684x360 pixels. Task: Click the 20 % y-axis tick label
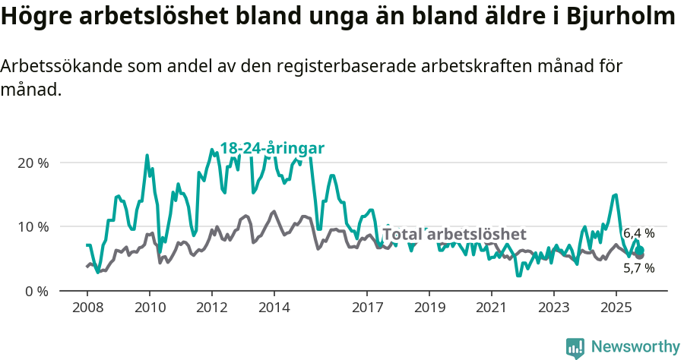(x=33, y=163)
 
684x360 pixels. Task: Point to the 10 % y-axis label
(x=33, y=226)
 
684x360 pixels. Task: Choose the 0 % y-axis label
(x=36, y=291)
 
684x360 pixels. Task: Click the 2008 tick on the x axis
(x=87, y=308)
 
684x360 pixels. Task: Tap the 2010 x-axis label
(x=149, y=308)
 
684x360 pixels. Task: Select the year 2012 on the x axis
(x=211, y=308)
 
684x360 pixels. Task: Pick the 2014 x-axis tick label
(x=274, y=308)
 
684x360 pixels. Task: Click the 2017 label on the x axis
(x=367, y=308)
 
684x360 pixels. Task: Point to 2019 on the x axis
(x=429, y=308)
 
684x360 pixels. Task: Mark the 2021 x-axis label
(x=492, y=308)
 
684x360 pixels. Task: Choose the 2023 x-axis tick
(x=553, y=308)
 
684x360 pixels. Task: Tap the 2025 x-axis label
(x=616, y=308)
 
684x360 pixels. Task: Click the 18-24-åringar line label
(x=272, y=148)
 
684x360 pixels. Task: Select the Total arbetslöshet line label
(x=454, y=234)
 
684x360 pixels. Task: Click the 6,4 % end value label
(x=638, y=233)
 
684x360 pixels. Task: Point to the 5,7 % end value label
(x=638, y=268)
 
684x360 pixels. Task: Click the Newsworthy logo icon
(x=575, y=347)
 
